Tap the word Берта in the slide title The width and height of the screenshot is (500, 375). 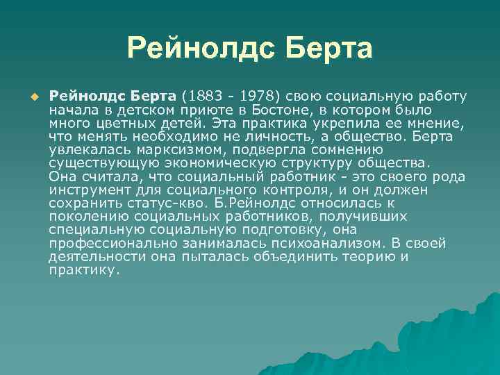pyautogui.click(x=327, y=48)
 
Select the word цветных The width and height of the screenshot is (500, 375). pyautogui.click(x=118, y=124)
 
